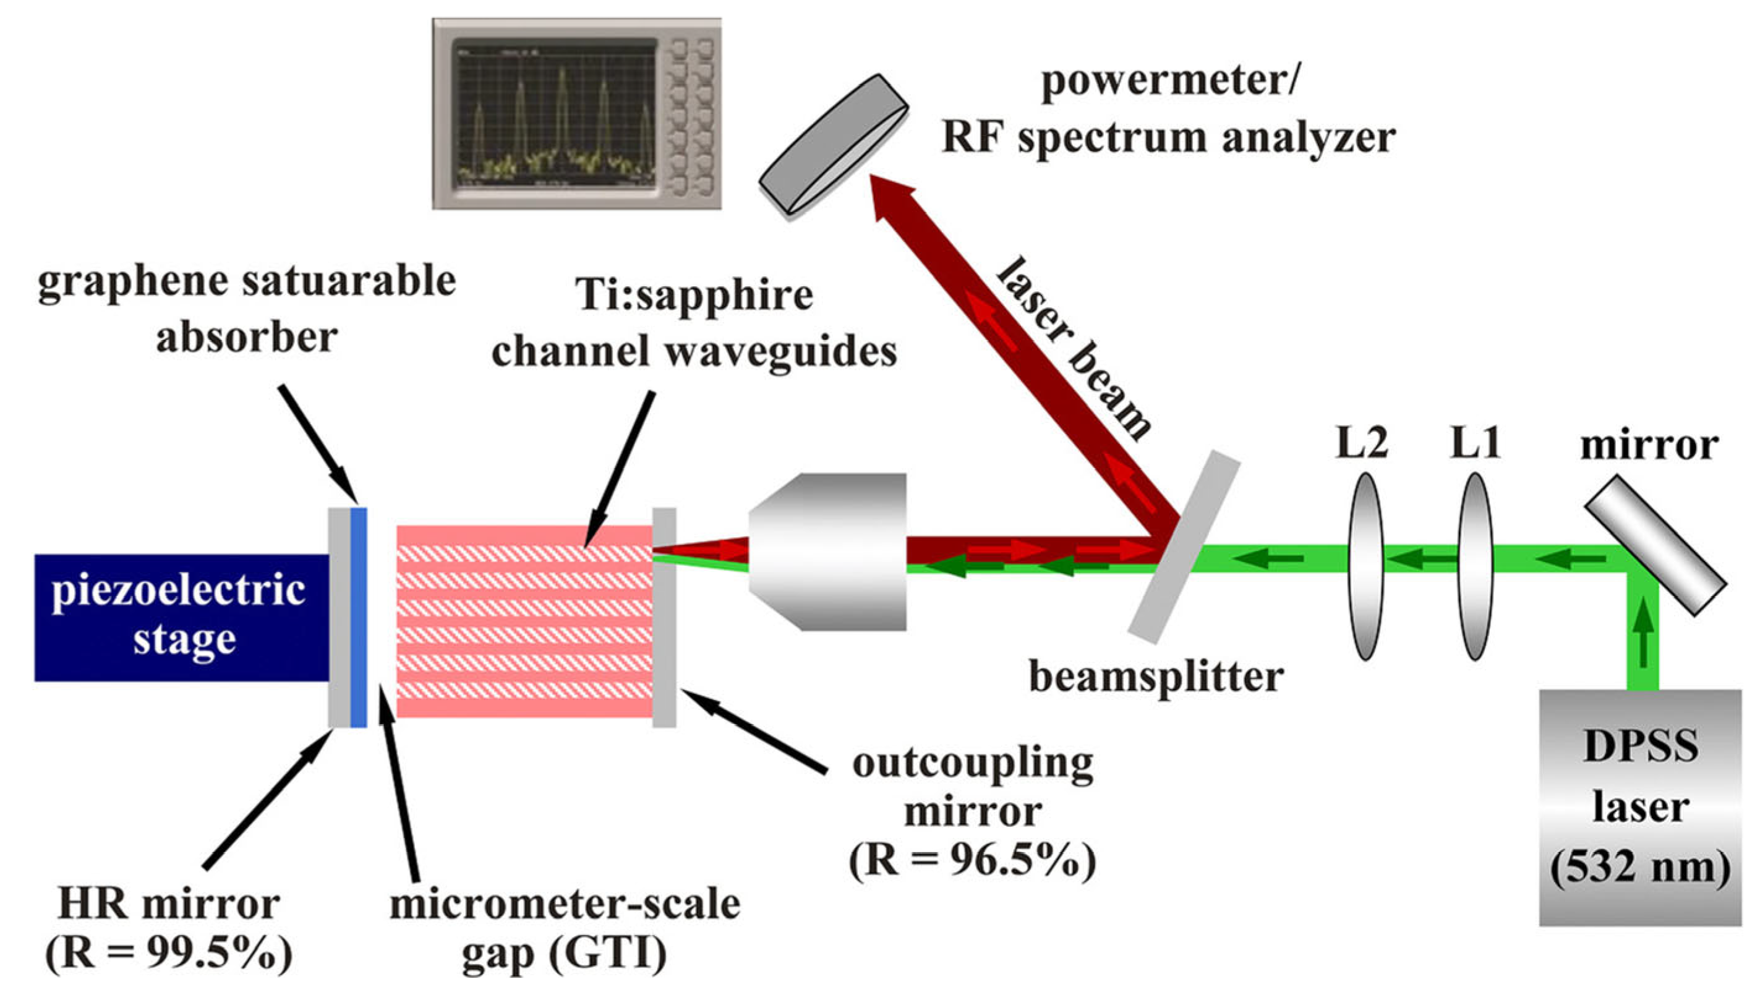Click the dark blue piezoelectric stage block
click(x=181, y=617)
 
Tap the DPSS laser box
click(x=1640, y=806)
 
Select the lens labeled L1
click(x=1475, y=566)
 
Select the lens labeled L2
click(x=1365, y=566)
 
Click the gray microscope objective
click(x=828, y=551)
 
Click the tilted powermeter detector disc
click(x=834, y=147)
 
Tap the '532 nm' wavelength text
click(x=1640, y=868)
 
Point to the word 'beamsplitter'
click(x=1156, y=677)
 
